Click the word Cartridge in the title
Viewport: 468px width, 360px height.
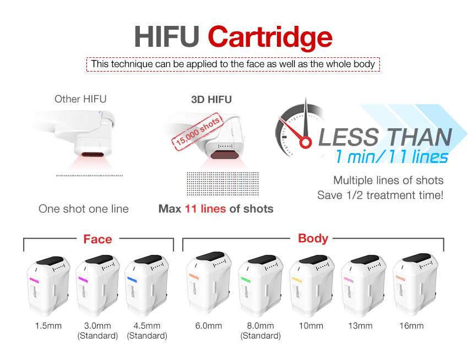(x=270, y=37)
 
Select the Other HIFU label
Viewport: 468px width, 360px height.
(x=80, y=99)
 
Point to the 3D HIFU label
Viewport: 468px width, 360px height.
(x=211, y=100)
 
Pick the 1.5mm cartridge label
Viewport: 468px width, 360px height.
(x=48, y=326)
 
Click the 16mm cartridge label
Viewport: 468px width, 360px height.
(x=412, y=326)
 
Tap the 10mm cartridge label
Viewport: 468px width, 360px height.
(x=311, y=326)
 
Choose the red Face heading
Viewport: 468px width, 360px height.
(x=97, y=239)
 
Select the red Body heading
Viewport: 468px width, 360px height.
(x=313, y=238)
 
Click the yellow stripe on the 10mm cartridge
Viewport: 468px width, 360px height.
(x=297, y=280)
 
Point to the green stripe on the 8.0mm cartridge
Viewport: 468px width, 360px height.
(x=246, y=280)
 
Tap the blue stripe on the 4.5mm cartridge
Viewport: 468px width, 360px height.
(x=133, y=280)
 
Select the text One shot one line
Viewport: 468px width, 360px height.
(x=84, y=209)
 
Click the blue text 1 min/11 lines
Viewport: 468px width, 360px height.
(x=392, y=157)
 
